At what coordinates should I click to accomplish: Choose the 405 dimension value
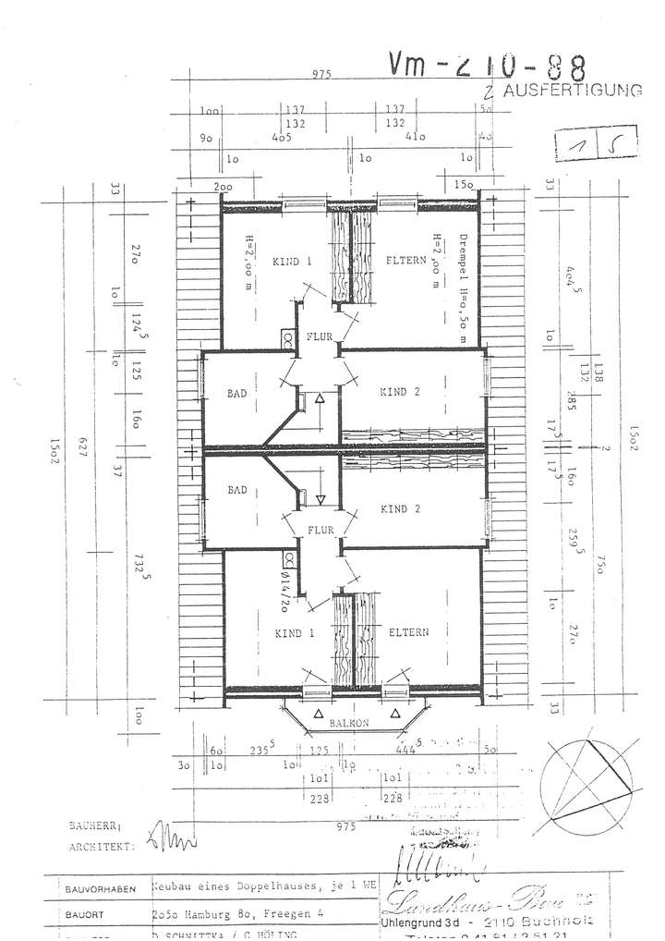[283, 136]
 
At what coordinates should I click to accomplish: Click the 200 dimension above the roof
[223, 187]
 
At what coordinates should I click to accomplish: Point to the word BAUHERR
[100, 825]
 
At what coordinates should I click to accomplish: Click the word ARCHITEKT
[101, 845]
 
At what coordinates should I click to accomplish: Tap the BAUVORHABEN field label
[100, 889]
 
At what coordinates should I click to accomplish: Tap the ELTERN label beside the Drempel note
[404, 262]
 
